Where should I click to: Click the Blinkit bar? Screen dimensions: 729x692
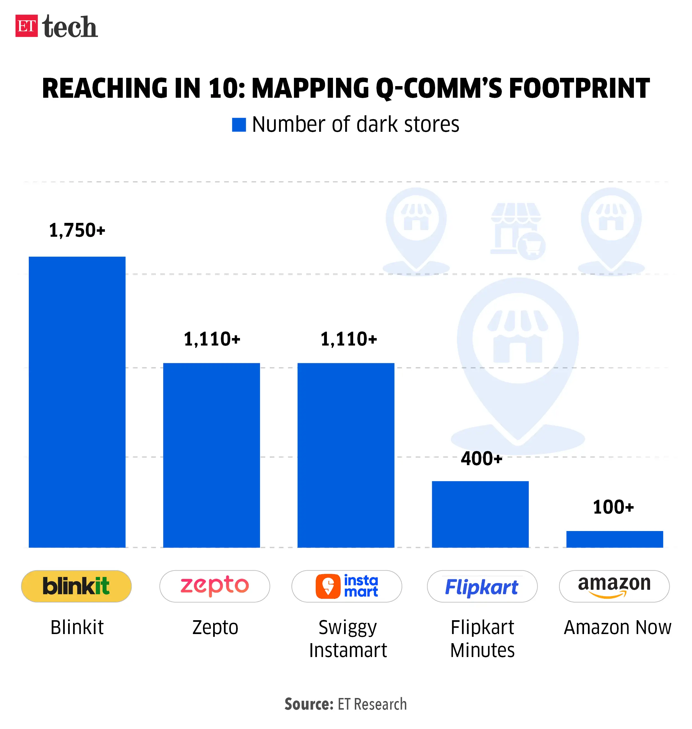tap(77, 402)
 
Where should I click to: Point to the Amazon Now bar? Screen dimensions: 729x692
tap(614, 539)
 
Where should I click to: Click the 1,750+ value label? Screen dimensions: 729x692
tap(77, 231)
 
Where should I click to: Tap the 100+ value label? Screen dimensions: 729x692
tap(613, 507)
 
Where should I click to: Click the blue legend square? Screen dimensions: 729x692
tap(239, 125)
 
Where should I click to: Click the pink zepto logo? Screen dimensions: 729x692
tap(215, 586)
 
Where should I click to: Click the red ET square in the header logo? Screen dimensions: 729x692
tap(26, 26)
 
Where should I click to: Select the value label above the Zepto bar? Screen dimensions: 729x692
tap(212, 339)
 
